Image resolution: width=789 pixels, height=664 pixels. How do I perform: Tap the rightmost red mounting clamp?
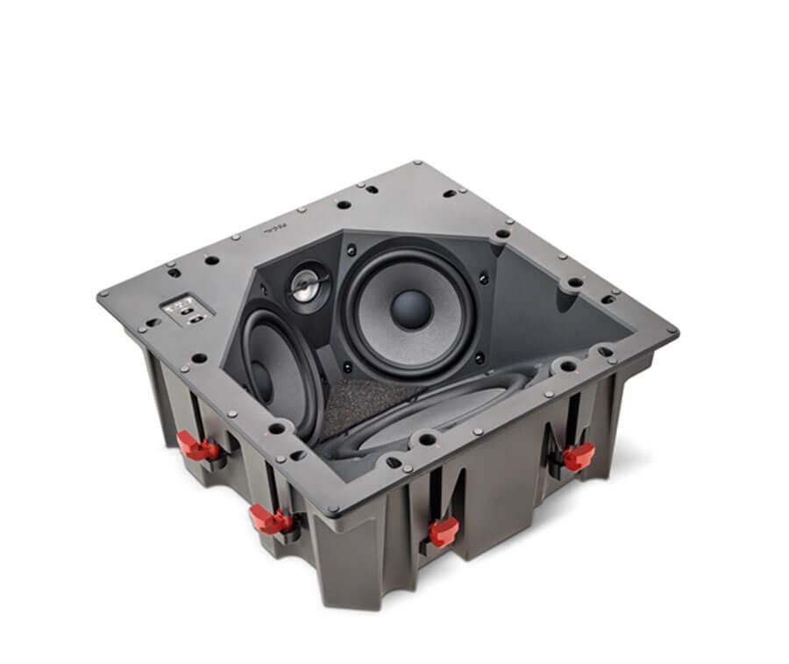579,454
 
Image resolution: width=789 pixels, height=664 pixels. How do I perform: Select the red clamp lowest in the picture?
443,530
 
